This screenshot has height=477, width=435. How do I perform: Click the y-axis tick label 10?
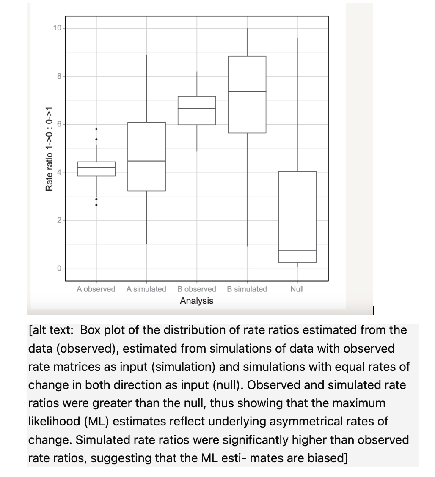(57, 28)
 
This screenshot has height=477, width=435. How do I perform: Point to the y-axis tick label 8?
(59, 76)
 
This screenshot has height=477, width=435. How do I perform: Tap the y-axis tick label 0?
(59, 269)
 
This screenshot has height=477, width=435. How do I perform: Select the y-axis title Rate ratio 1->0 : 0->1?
(50, 148)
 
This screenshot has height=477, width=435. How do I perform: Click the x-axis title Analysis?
(196, 301)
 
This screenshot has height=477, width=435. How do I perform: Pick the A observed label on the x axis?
(96, 289)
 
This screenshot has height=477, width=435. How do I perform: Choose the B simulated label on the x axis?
(247, 289)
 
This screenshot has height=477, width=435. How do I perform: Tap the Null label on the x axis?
(297, 289)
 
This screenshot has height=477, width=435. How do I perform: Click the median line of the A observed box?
(96, 167)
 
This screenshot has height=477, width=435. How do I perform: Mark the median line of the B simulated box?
(247, 91)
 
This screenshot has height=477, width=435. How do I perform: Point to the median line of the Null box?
(297, 250)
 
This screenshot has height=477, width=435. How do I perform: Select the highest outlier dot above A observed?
(96, 129)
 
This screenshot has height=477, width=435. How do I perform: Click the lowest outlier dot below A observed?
(96, 205)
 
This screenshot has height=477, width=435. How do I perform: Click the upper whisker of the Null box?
(297, 106)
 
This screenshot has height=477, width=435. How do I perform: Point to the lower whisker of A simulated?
(146, 217)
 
